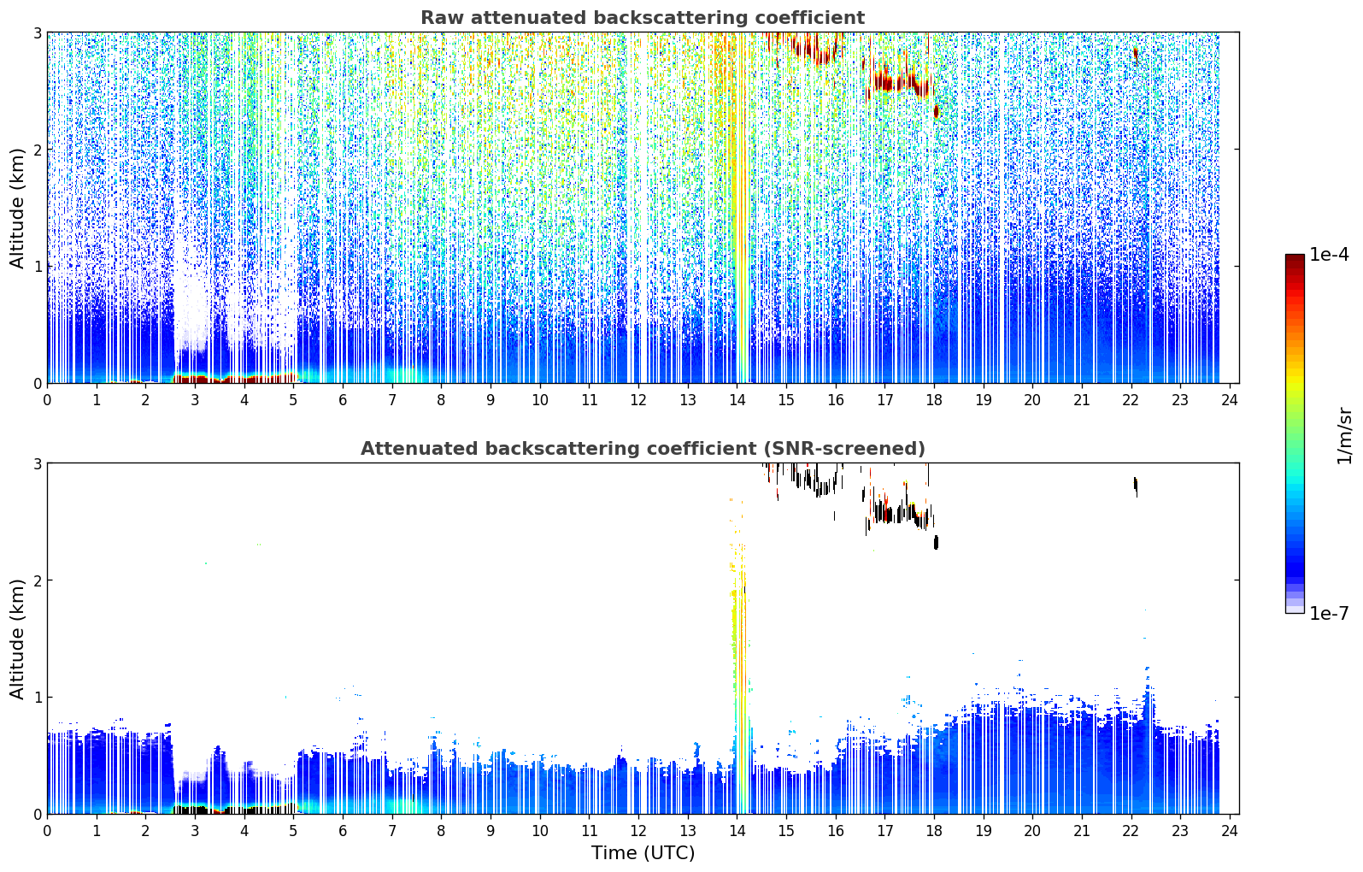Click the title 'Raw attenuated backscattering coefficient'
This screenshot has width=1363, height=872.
coord(643,18)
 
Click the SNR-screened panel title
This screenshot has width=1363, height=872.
coord(643,448)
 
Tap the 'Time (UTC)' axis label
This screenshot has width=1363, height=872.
coord(643,852)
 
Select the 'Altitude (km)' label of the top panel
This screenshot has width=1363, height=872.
coord(17,208)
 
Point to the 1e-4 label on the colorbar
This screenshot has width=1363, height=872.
coord(1329,255)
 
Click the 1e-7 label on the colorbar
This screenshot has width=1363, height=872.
coord(1329,613)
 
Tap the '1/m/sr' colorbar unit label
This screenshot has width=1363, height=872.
coord(1344,437)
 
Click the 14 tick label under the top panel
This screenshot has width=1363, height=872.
coord(737,400)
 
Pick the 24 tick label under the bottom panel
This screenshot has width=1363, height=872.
coord(1229,831)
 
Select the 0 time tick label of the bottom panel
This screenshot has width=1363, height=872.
coord(48,831)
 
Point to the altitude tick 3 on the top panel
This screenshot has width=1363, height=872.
coord(37,32)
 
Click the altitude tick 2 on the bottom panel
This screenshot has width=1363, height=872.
coord(37,580)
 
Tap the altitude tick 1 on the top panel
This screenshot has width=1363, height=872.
coord(37,267)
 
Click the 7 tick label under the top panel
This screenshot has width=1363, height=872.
coord(392,400)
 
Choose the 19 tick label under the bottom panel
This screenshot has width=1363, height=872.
coord(984,831)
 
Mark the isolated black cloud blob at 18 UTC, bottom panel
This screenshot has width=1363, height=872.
coord(936,542)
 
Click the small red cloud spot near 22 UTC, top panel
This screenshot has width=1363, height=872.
coord(1136,55)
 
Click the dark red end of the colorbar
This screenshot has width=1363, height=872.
coord(1295,259)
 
